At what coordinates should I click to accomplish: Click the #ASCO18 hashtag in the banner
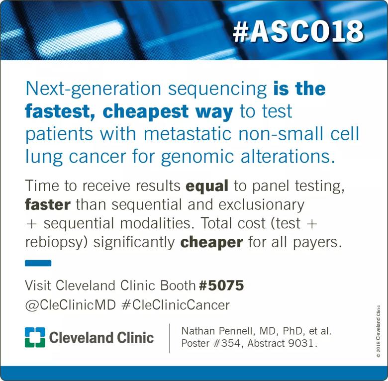coord(298,32)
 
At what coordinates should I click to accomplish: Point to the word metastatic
coord(188,134)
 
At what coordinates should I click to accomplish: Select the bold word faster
coord(48,205)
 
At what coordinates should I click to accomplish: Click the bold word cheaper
coord(212,243)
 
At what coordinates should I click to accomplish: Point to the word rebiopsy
coord(56,243)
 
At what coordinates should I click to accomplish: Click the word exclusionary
coord(261,205)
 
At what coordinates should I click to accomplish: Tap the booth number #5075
coord(221,286)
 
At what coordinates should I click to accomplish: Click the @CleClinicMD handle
coord(70,305)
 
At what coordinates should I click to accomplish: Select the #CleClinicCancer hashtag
coord(176,305)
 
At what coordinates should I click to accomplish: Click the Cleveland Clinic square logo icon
coord(35,337)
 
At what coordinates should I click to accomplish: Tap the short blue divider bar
coord(38,263)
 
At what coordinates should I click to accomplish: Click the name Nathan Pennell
coord(218,331)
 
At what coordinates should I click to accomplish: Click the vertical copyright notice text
coord(378,332)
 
